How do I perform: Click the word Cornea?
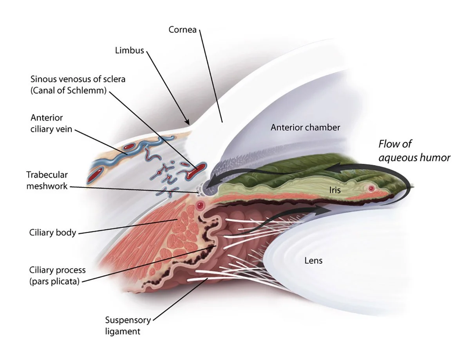pos(182,30)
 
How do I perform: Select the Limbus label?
pos(130,50)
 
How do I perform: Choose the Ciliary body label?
pos(52,232)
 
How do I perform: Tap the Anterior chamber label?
pos(305,128)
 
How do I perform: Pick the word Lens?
pos(313,260)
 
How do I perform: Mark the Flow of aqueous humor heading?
pos(414,151)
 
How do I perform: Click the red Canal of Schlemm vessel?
pos(197,169)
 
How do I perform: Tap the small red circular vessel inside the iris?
pos(371,189)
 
